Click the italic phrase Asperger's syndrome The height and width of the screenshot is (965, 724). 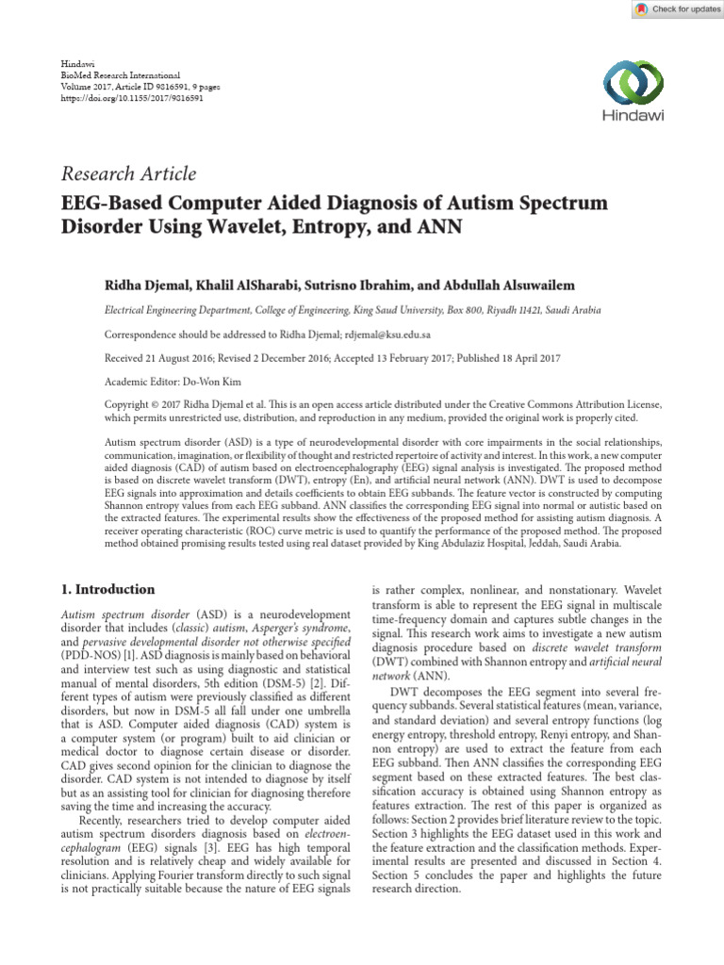click(307, 627)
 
